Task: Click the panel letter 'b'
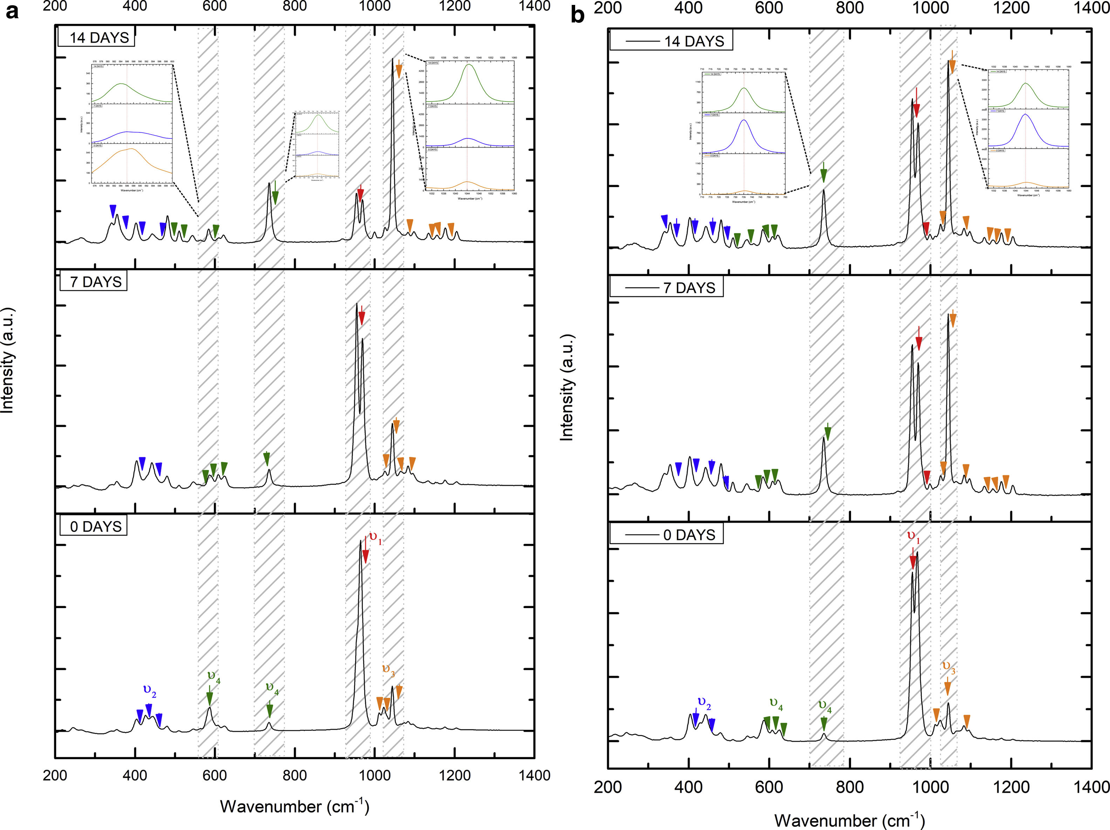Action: [578, 15]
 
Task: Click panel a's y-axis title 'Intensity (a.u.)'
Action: [7, 360]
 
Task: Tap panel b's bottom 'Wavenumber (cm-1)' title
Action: [849, 820]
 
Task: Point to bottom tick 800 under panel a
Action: [294, 775]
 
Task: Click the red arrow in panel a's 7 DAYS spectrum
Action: [362, 317]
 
